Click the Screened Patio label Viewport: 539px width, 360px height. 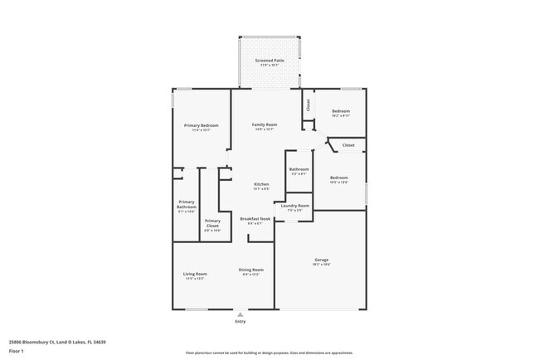269,61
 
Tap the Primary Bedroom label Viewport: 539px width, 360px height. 201,125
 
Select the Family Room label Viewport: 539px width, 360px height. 265,124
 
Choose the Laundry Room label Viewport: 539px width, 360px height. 294,206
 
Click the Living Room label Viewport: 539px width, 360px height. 195,274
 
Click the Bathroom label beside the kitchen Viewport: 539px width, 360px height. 299,169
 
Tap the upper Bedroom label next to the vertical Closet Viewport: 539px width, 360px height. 341,111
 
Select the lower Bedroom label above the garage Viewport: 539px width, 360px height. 338,178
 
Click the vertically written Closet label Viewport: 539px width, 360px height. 308,105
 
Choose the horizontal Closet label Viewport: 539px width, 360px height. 348,145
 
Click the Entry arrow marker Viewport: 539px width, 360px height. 240,314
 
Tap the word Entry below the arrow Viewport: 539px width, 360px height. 240,322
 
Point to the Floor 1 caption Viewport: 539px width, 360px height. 17,352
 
